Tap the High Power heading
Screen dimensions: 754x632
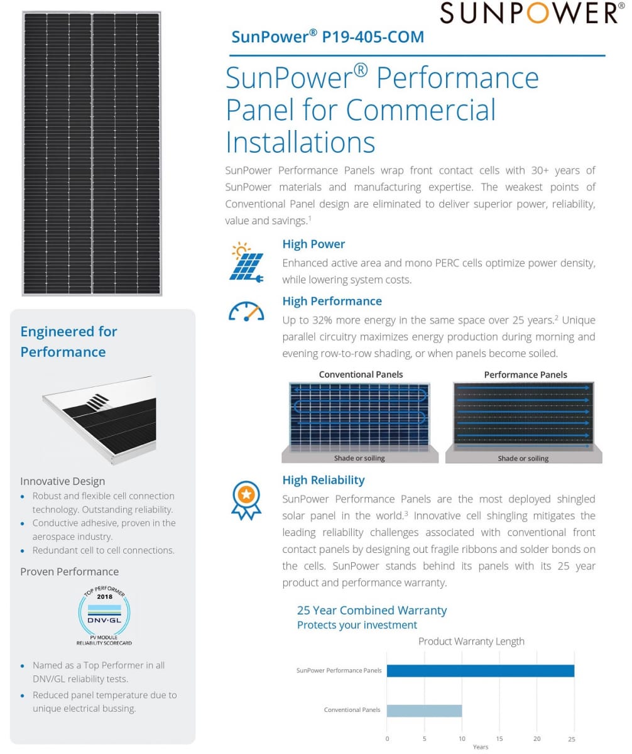pyautogui.click(x=313, y=244)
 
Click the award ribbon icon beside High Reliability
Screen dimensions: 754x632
pyautogui.click(x=246, y=500)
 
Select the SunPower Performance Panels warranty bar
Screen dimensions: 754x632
pyautogui.click(x=480, y=670)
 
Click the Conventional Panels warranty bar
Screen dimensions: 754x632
pyautogui.click(x=424, y=710)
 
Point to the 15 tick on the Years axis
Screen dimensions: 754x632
pyautogui.click(x=499, y=739)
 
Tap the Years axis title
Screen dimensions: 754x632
pyautogui.click(x=481, y=747)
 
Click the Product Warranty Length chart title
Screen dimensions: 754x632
pyautogui.click(x=471, y=642)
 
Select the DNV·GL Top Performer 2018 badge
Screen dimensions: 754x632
pyautogui.click(x=104, y=616)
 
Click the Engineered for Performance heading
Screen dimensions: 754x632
pyautogui.click(x=68, y=341)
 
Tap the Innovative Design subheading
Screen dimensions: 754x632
pyautogui.click(x=62, y=481)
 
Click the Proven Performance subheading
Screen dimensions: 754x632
pyautogui.click(x=69, y=571)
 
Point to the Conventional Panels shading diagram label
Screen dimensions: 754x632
pyautogui.click(x=361, y=374)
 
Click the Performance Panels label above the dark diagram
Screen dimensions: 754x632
pyautogui.click(x=525, y=374)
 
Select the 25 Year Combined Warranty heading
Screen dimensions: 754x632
pyautogui.click(x=372, y=610)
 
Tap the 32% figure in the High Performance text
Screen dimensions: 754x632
pyautogui.click(x=322, y=320)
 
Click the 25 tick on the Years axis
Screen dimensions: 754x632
pyautogui.click(x=572, y=739)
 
